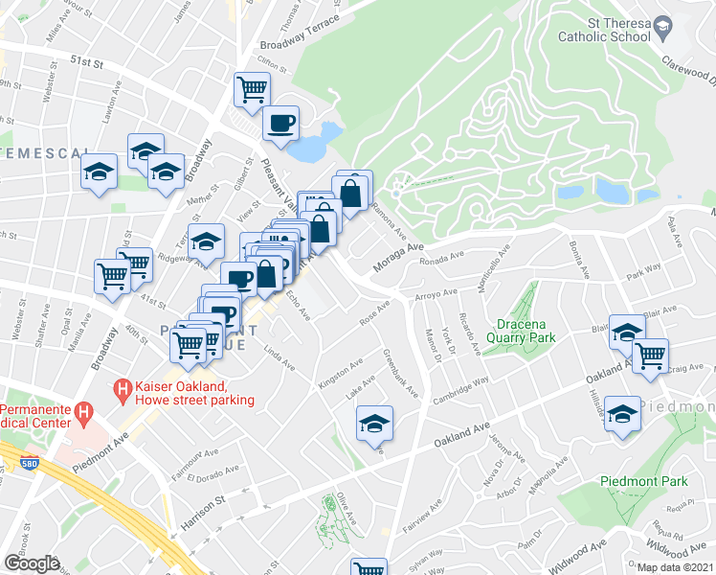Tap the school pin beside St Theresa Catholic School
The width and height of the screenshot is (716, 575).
[663, 32]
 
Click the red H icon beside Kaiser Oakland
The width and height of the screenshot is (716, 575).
[122, 389]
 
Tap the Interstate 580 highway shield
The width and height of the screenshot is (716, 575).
[29, 465]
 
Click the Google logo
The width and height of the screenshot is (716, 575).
[32, 563]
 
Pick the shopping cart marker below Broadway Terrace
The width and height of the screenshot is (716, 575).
[251, 90]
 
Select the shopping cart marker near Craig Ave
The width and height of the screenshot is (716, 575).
[651, 356]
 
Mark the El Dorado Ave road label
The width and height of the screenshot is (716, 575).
[210, 474]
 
